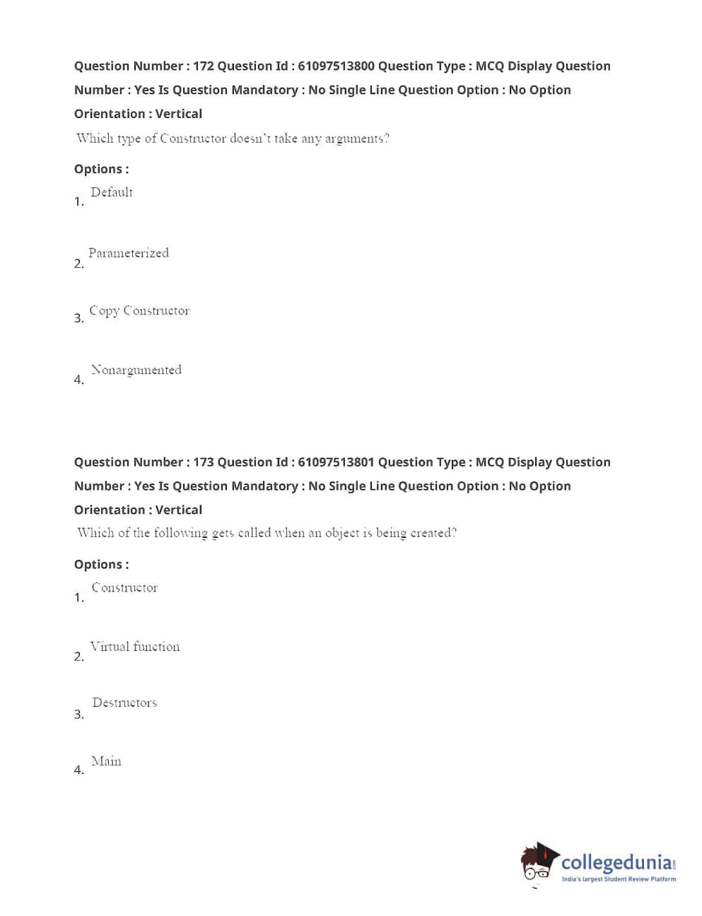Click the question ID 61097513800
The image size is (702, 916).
click(336, 66)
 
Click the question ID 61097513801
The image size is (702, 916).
click(336, 462)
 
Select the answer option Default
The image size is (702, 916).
click(112, 192)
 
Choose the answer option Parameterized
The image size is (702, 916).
click(129, 253)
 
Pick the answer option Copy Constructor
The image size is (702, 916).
click(139, 311)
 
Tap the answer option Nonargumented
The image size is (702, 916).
click(136, 370)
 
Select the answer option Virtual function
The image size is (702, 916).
click(135, 647)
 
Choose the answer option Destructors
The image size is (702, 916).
click(124, 703)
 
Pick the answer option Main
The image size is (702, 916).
click(106, 761)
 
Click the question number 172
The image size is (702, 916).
click(204, 66)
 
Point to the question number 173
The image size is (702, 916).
click(204, 462)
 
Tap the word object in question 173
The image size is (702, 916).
click(342, 533)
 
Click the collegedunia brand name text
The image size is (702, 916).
click(616, 862)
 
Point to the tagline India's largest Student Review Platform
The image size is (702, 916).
click(619, 879)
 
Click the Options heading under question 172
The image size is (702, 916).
click(101, 169)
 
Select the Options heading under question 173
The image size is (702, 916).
click(101, 564)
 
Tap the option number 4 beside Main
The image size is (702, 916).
click(78, 770)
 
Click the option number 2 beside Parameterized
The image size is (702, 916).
click(78, 264)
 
